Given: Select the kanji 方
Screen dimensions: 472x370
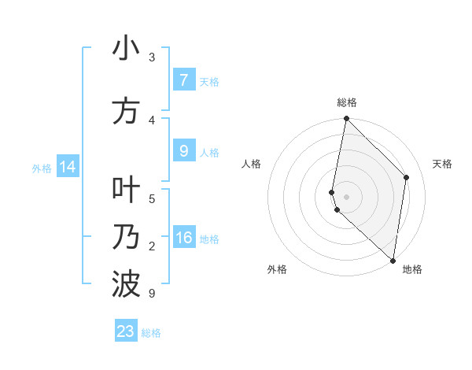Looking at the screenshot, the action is click(126, 111).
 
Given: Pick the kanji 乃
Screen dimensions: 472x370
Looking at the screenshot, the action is click(126, 237).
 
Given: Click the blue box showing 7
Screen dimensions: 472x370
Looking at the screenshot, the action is click(183, 80).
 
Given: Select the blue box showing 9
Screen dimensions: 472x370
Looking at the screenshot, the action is click(183, 151).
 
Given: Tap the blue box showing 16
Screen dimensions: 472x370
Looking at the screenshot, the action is click(183, 238).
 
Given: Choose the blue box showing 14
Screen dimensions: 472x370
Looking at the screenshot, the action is click(68, 167).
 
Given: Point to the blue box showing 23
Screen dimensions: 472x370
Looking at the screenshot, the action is click(126, 331).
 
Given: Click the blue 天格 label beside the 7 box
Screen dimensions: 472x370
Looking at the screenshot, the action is click(209, 82).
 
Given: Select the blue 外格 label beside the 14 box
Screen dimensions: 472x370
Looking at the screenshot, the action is click(42, 168).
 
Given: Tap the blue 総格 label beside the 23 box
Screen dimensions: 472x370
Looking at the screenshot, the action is click(151, 333).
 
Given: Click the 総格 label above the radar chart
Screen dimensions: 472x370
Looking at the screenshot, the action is click(347, 102).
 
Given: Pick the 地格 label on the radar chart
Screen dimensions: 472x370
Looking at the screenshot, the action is click(412, 269).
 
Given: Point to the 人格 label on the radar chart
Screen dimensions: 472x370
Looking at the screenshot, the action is click(252, 164).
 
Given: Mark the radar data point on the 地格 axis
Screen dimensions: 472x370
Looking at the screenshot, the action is click(393, 260).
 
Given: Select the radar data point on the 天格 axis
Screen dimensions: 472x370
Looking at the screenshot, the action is click(407, 177).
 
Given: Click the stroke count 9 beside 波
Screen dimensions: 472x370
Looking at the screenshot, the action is click(151, 294).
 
